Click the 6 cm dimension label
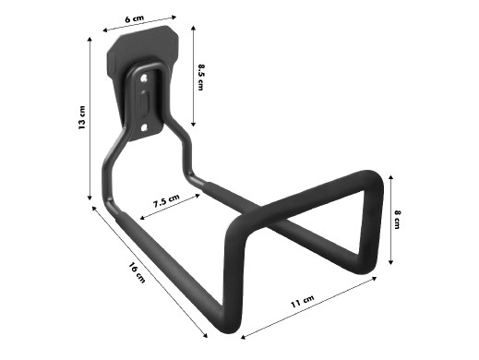[x=135, y=18]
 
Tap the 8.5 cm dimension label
[x=201, y=77]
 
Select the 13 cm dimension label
[x=82, y=117]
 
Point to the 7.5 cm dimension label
[x=166, y=200]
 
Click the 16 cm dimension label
[x=137, y=272]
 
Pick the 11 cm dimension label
[x=303, y=301]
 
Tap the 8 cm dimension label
[x=397, y=220]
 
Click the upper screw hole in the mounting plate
[x=144, y=79]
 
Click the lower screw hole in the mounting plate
[x=144, y=126]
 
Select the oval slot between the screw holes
[x=144, y=102]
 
